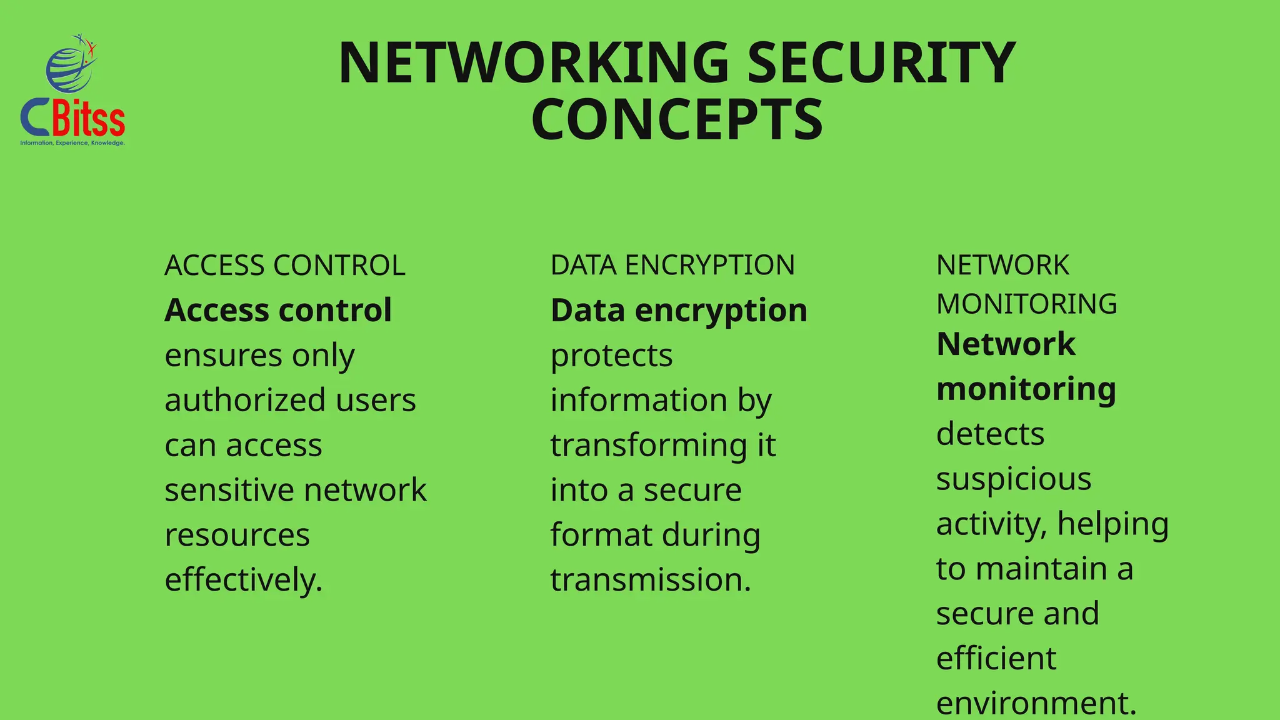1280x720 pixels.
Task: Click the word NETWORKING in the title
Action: point(534,62)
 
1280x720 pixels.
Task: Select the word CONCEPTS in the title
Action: point(677,120)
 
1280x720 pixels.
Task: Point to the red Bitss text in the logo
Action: point(89,119)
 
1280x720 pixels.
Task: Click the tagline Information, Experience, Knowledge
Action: point(72,143)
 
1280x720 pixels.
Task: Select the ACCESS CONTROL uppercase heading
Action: point(285,266)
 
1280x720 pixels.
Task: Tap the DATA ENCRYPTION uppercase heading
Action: point(672,266)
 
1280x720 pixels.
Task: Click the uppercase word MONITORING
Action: point(1026,304)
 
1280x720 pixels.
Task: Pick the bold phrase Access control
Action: point(278,311)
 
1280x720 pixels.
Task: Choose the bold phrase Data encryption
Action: point(679,311)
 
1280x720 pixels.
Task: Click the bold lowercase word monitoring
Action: point(1026,389)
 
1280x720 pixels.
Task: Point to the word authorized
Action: point(245,400)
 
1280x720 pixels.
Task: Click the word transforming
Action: point(649,446)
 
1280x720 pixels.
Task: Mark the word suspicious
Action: point(1014,479)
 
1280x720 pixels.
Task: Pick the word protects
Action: point(611,356)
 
